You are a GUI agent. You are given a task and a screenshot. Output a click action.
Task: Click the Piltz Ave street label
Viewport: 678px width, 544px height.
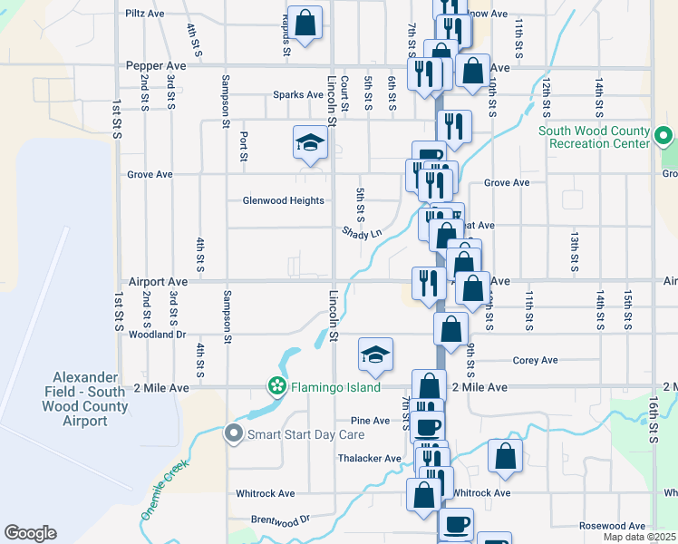144,15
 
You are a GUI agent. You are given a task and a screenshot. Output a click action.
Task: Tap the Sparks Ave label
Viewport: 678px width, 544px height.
298,94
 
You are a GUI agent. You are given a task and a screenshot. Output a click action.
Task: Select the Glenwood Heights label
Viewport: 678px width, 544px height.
283,200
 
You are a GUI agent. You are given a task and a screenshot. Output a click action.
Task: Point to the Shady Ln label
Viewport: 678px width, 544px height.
362,233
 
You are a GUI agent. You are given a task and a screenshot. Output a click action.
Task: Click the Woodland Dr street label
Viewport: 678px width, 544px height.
157,335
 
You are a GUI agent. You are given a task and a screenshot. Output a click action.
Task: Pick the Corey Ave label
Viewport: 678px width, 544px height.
535,360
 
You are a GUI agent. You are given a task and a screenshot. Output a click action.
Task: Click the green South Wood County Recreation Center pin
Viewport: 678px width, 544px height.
663,138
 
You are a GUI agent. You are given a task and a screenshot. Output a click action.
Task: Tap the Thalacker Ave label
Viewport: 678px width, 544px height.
369,459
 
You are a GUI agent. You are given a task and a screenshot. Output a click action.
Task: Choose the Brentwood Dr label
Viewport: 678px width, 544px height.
280,520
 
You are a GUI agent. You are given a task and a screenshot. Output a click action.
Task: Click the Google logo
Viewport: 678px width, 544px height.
30,533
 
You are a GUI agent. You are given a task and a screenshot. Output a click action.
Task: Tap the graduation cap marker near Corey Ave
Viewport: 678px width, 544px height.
375,355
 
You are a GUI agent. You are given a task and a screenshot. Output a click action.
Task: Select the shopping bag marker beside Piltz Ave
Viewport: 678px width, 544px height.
306,22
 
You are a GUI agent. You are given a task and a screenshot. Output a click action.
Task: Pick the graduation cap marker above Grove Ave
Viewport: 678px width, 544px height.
310,142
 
